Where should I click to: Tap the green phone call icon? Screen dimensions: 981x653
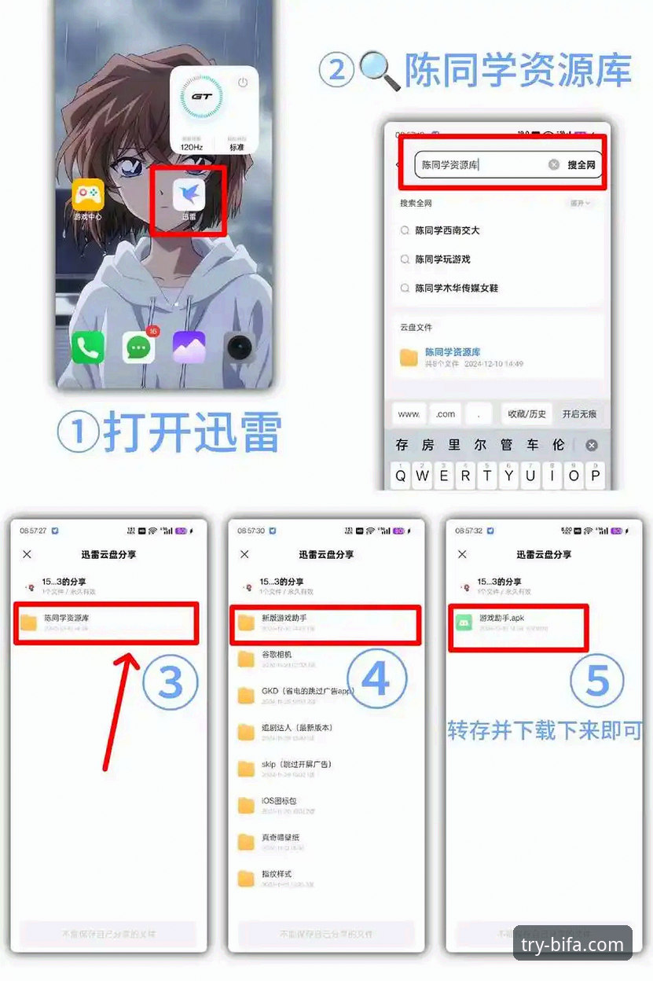[87, 347]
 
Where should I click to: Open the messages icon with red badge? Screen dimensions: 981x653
[138, 347]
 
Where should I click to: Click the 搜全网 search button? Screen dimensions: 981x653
[581, 165]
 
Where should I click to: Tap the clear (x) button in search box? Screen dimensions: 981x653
[553, 165]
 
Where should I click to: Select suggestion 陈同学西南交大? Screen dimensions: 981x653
[447, 230]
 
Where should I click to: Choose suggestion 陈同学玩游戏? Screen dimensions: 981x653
[442, 259]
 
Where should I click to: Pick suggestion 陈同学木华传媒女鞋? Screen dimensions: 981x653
[457, 288]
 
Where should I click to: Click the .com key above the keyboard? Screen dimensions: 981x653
[446, 413]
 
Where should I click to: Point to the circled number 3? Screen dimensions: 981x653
[171, 682]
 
